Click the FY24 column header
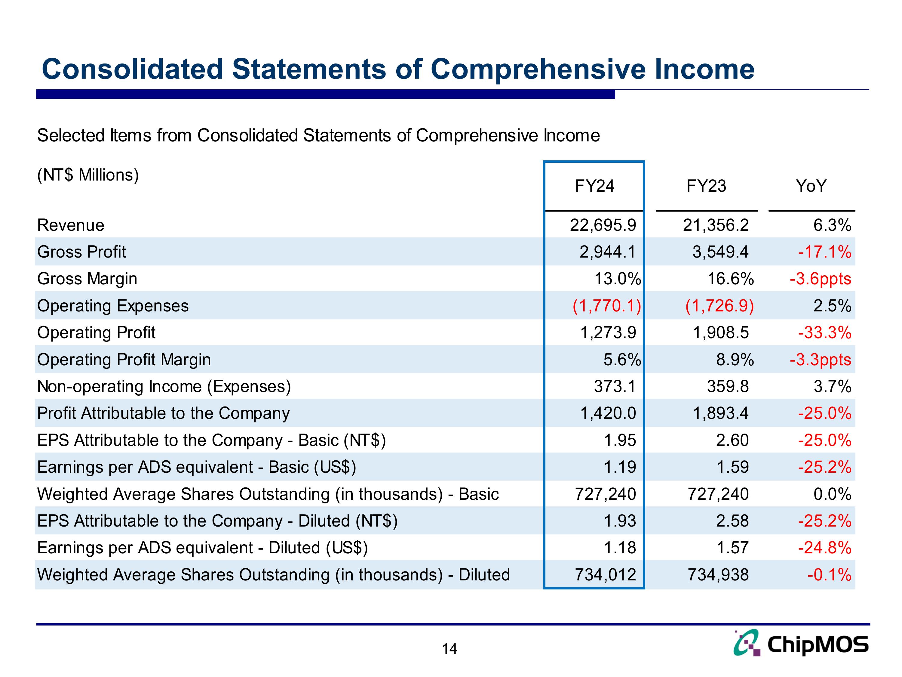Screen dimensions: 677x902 [594, 186]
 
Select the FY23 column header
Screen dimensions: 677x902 [706, 186]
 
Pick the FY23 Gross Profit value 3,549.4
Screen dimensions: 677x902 [720, 252]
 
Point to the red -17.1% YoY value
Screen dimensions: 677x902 [824, 252]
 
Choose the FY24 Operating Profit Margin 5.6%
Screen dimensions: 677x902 [622, 360]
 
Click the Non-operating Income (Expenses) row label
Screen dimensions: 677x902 [164, 386]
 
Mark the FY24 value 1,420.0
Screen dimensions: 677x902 [608, 413]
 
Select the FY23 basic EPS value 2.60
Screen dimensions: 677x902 [732, 440]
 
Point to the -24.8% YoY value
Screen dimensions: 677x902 [824, 548]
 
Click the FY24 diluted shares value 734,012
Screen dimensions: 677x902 [606, 575]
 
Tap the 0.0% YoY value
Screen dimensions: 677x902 [832, 494]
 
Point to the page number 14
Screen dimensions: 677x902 [449, 649]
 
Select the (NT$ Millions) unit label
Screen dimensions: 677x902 [88, 175]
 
